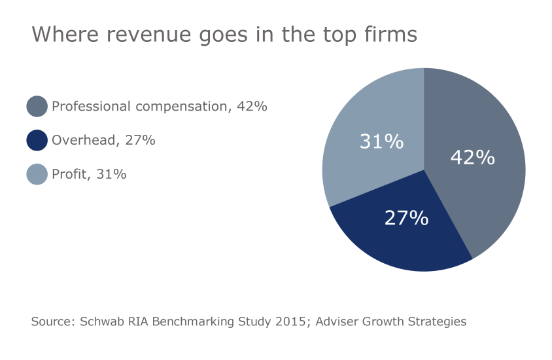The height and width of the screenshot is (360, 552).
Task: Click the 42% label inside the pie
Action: point(472,157)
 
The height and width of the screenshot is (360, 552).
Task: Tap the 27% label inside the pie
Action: point(405,218)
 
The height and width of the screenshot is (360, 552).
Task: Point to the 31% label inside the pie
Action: point(381,141)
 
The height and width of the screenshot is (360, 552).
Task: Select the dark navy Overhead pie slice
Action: point(399,236)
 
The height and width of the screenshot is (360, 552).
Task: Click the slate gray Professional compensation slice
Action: point(484,190)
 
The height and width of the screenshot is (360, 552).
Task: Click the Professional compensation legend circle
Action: point(37,106)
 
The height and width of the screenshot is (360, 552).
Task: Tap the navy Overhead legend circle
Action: point(37,140)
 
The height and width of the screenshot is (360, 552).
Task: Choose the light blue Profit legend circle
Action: point(37,174)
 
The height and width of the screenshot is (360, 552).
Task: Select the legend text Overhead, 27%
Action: point(103,140)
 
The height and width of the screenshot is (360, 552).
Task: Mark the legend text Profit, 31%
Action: point(89,174)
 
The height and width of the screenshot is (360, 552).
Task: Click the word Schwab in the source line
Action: point(101,322)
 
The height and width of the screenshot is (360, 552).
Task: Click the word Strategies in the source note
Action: point(438,322)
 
